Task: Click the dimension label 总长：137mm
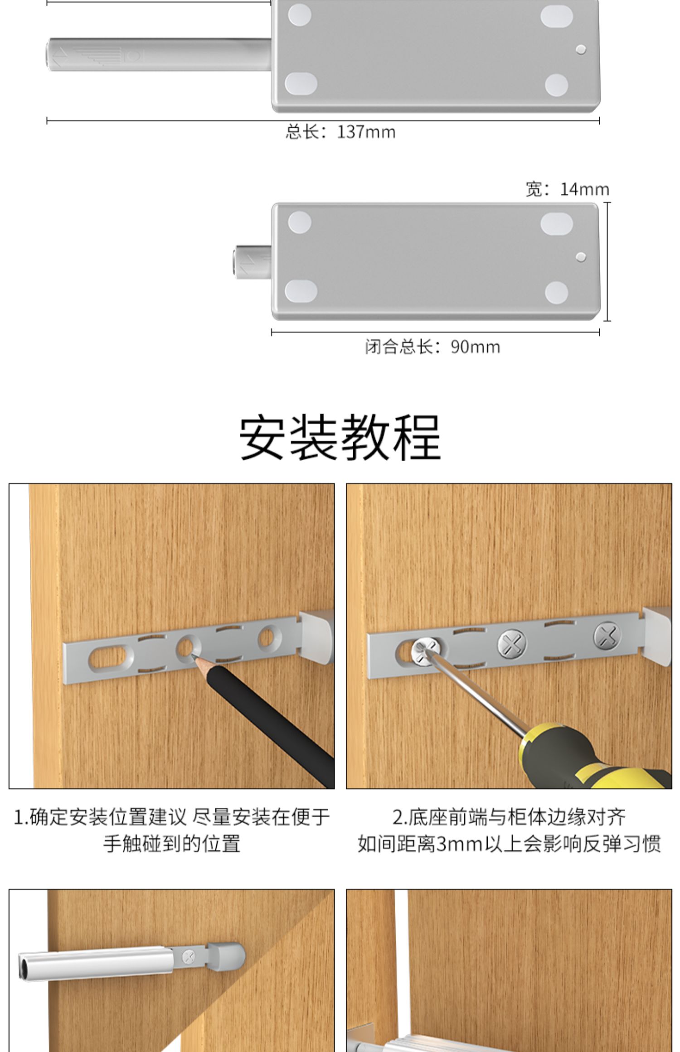340,132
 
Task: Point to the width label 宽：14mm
567,189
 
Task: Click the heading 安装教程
340,438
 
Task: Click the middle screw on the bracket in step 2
512,643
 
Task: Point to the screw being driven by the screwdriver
425,651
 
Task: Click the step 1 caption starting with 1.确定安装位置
172,830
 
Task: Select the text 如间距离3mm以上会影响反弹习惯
509,844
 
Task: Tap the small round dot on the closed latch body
580,257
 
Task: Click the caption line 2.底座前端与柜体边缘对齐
509,817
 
